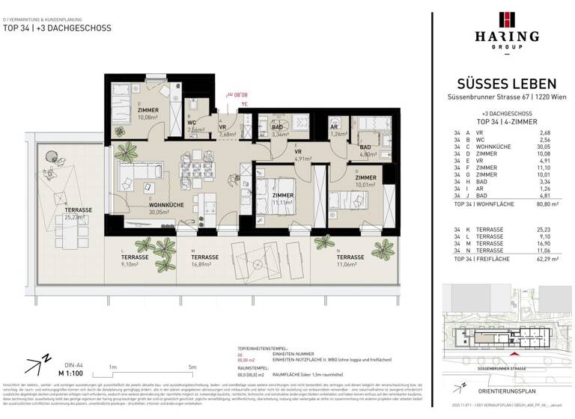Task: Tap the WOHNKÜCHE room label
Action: [x=146, y=204]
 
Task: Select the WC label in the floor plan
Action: [x=192, y=123]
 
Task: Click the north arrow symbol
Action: [x=35, y=366]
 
